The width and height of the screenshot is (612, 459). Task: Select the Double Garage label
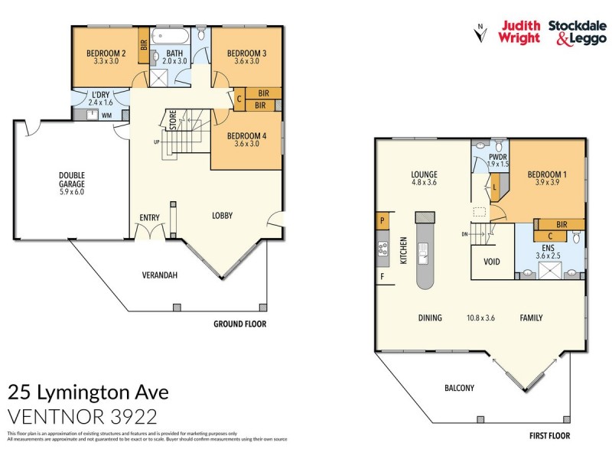[72, 179]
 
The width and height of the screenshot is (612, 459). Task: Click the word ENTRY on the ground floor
[149, 218]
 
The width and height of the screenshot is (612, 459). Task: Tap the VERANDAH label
[161, 275]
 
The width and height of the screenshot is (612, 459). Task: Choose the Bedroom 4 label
[246, 137]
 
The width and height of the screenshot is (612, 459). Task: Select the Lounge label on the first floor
[423, 174]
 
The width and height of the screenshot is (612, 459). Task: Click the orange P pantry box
[381, 220]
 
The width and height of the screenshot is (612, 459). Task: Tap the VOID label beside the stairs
[493, 261]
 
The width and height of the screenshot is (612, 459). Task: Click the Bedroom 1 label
[545, 174]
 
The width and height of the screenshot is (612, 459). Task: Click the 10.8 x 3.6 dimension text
[481, 317]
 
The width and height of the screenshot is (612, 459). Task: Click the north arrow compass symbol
[480, 33]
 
